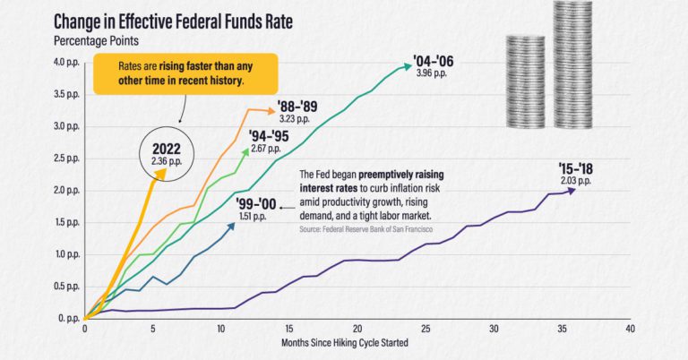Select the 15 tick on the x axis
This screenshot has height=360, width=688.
coord(288,330)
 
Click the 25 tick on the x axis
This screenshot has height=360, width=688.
coord(426,330)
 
